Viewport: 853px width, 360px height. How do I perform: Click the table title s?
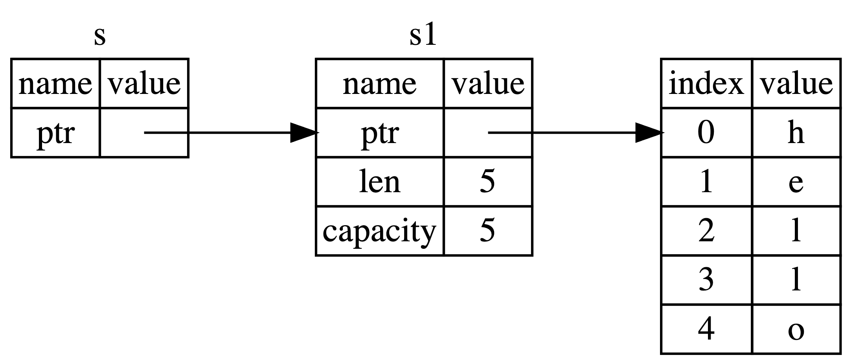point(100,36)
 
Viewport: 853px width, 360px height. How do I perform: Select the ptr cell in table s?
point(55,133)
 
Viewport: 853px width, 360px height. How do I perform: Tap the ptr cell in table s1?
point(380,133)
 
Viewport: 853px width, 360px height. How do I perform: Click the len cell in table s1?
point(380,182)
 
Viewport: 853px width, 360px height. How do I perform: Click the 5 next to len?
point(487,182)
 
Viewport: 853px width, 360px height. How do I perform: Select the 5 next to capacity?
point(487,231)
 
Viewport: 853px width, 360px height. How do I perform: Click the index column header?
point(706,84)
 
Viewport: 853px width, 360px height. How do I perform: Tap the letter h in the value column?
point(796,133)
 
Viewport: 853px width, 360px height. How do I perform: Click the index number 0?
point(706,133)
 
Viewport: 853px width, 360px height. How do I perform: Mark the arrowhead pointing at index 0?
point(649,133)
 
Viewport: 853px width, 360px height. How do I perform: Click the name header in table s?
point(55,84)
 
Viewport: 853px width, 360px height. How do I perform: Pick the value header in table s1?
point(488,84)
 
